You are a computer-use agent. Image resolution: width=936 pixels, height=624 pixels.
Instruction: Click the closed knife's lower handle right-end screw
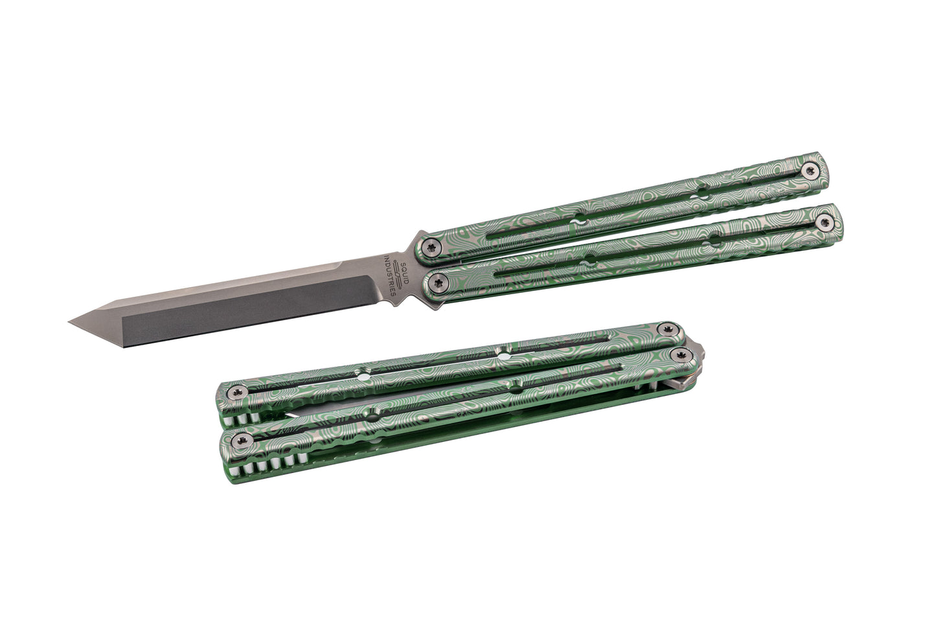tap(681, 356)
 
